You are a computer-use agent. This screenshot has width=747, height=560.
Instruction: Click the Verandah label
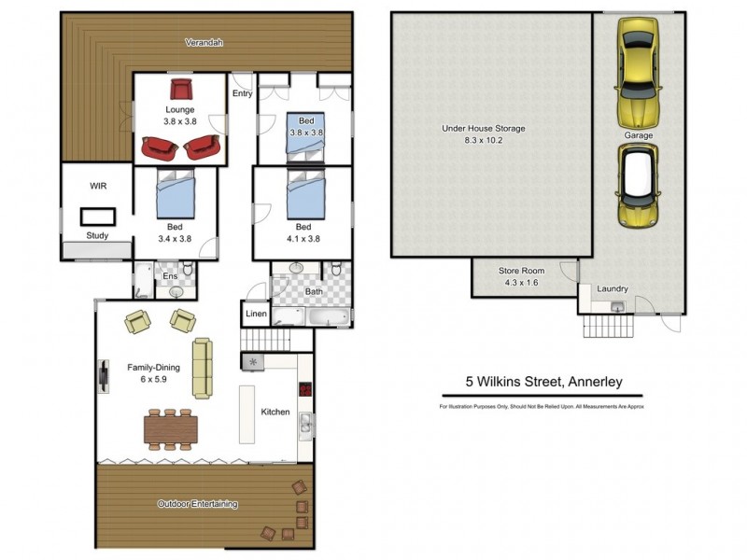[204, 43]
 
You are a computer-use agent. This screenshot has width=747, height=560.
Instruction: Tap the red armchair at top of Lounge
[180, 90]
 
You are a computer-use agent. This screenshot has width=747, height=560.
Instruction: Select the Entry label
[243, 93]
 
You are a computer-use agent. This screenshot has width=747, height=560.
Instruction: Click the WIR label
[97, 187]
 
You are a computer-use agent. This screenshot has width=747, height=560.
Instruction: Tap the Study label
[97, 236]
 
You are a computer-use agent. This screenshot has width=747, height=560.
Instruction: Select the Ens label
[170, 276]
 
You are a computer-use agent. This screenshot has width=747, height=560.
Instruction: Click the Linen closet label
[256, 314]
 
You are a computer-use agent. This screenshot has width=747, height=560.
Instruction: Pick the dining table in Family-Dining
[172, 428]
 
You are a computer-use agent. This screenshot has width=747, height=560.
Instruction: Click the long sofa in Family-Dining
[203, 368]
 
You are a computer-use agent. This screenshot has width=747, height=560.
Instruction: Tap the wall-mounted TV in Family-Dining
[101, 374]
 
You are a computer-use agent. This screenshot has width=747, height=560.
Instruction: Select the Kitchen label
[275, 412]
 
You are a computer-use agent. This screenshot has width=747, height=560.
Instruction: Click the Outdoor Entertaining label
[197, 504]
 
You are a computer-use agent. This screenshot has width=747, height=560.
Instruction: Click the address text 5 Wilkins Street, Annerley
[543, 382]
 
